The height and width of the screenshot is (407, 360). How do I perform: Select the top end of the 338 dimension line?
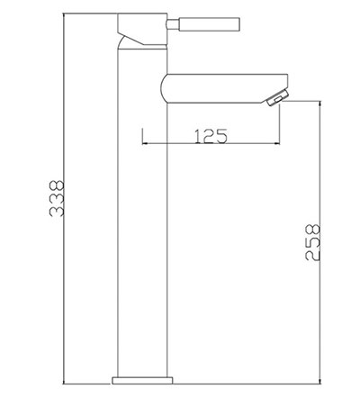click(x=65, y=14)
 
